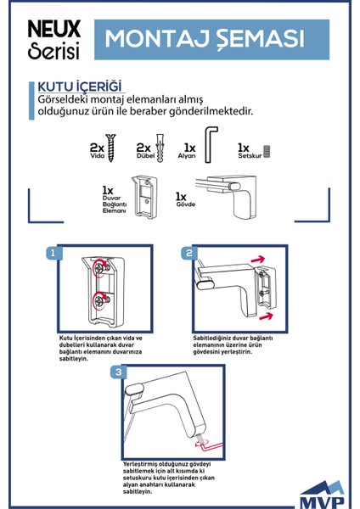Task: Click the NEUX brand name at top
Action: coord(55,27)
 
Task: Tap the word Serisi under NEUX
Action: coord(53,50)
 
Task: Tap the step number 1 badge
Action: coord(53,254)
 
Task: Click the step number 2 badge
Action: coord(190,253)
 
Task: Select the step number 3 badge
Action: coord(118,372)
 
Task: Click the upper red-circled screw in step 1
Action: coord(101,269)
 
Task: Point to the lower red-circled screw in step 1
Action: coord(101,299)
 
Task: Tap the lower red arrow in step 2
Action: coord(266,315)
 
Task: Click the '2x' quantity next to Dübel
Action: coord(143,147)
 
